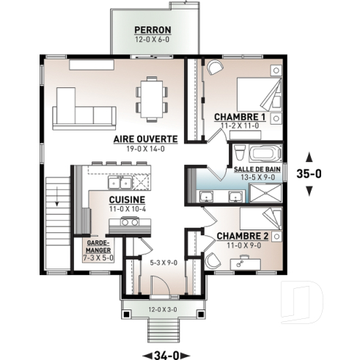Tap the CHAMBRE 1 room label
[x=239, y=117]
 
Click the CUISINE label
[x=126, y=199]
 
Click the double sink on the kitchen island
[x=120, y=181]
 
